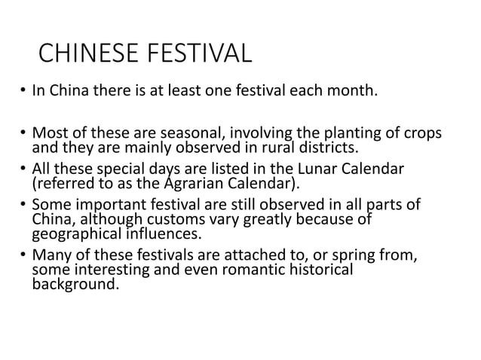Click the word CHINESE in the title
pos(85,55)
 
